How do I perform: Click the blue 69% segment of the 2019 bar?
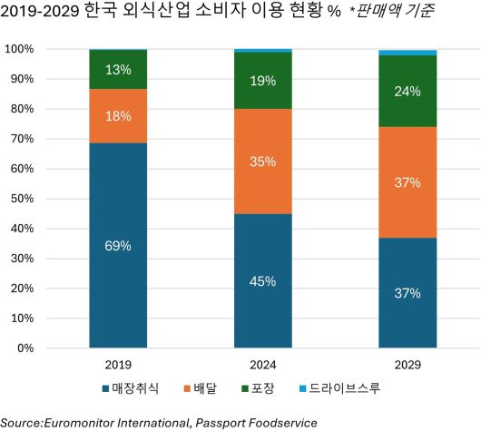[x=118, y=245]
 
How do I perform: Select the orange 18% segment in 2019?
[x=118, y=115]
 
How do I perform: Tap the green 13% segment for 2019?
[x=118, y=69]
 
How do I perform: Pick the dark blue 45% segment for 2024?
[x=263, y=280]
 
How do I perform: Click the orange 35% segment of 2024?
[x=263, y=162]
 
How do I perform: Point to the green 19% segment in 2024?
[x=263, y=81]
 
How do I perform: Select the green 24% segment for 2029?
[x=407, y=91]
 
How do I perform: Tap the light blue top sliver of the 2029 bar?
[x=407, y=53]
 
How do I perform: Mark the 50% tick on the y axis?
[x=21, y=199]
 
